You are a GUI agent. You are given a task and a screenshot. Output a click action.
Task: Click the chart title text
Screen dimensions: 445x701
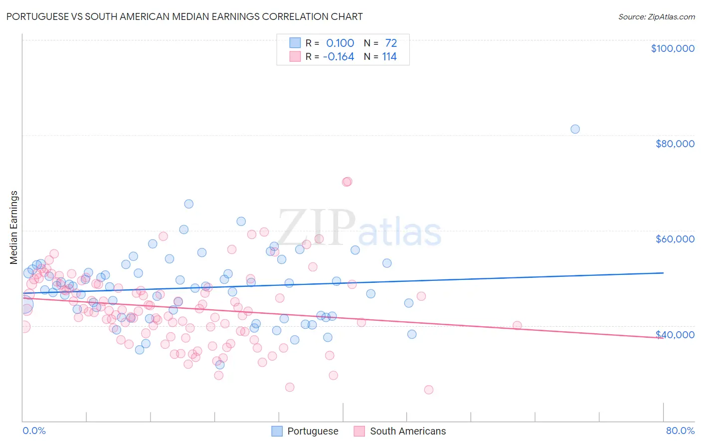[184, 16]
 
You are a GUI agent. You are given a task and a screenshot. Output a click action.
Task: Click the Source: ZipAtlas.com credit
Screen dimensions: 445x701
[656, 16]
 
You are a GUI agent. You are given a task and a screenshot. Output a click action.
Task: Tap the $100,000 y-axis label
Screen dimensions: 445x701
[673, 48]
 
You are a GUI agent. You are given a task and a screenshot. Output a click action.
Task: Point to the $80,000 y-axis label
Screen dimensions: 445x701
[675, 144]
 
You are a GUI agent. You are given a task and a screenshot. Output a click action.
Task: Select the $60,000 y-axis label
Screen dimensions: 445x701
[675, 239]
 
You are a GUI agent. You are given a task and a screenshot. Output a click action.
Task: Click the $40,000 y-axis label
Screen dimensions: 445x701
[675, 335]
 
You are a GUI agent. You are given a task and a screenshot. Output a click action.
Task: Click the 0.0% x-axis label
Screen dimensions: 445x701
[34, 431]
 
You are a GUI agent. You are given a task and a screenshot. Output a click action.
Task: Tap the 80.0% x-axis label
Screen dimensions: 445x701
[680, 431]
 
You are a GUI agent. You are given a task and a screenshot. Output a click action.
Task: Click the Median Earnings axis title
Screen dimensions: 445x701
[14, 227]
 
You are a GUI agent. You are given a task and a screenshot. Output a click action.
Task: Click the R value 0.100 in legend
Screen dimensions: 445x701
[340, 43]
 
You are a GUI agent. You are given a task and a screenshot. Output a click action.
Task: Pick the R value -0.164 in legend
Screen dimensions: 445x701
[339, 57]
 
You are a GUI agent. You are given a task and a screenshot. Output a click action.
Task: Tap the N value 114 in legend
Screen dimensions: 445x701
[389, 57]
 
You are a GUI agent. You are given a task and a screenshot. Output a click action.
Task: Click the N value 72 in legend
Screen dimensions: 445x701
[391, 43]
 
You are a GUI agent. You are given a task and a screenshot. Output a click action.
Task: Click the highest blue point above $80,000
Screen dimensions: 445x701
[575, 129]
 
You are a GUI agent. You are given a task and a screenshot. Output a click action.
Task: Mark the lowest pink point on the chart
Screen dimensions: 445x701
[428, 390]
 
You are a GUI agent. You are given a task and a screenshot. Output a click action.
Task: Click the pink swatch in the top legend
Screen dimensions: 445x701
[295, 57]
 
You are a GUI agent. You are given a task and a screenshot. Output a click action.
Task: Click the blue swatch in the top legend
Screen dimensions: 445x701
[295, 43]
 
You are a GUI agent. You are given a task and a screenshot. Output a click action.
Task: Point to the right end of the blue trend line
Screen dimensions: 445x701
[663, 273]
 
